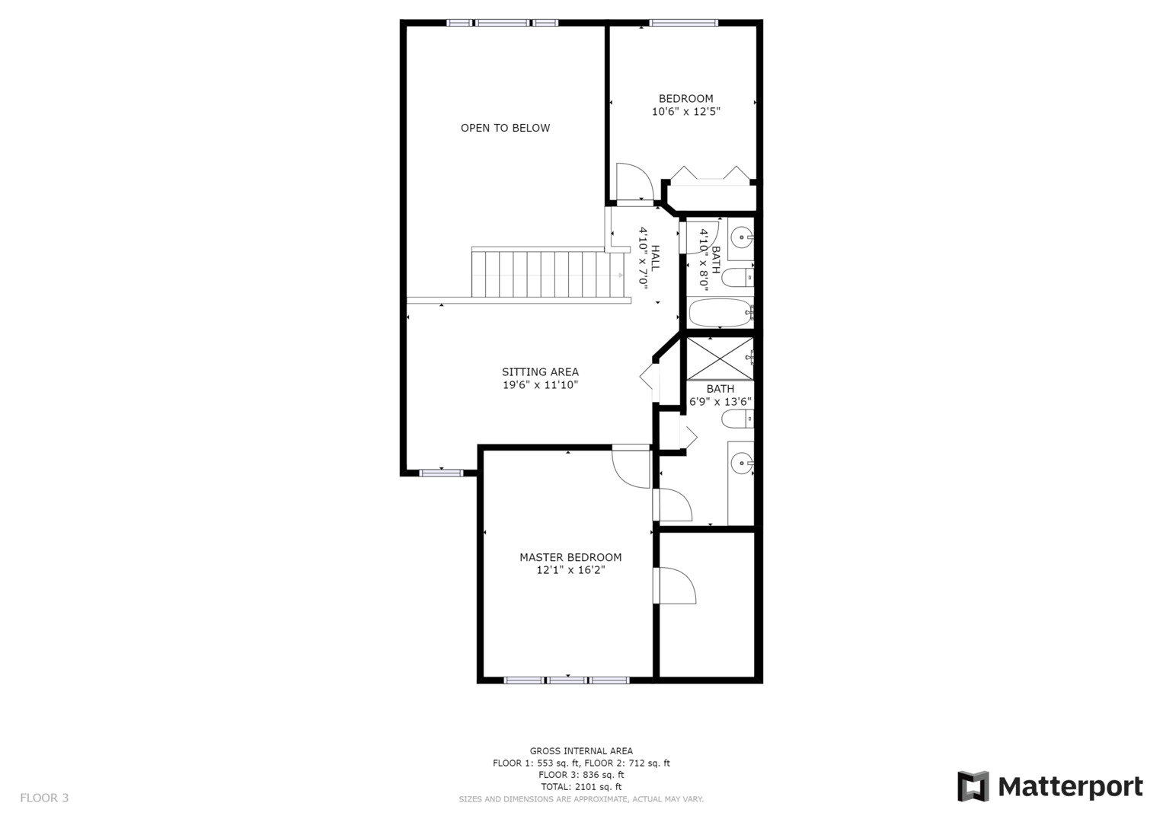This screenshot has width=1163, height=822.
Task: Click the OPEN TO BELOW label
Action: [505, 128]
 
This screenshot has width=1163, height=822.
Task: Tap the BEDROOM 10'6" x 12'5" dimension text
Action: [685, 112]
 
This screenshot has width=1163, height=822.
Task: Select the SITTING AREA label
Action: [539, 372]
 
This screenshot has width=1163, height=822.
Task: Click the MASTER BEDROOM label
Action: [570, 557]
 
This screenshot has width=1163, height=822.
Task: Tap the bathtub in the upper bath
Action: [720, 313]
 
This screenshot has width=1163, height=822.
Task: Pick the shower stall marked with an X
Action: [720, 358]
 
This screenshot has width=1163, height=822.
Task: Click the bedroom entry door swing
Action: [634, 183]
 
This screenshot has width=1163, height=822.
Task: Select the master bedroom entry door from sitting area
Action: [630, 467]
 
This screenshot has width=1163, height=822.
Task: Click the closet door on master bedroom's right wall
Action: [675, 585]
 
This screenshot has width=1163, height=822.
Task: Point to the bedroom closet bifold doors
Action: [709, 174]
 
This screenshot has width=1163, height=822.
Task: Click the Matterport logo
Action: [1050, 786]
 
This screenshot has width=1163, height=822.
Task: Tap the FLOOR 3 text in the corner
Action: [44, 798]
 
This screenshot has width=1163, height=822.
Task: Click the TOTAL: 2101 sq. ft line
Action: [581, 787]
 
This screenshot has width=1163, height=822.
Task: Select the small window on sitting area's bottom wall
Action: [441, 473]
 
